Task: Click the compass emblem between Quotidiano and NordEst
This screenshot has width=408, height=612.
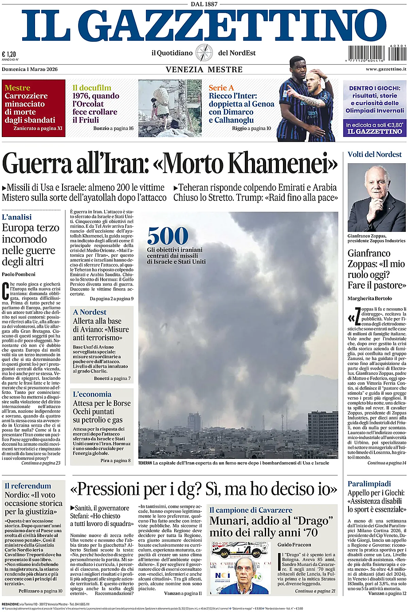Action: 204,53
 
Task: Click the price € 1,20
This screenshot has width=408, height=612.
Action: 9,54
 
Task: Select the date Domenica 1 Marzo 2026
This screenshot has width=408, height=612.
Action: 30,69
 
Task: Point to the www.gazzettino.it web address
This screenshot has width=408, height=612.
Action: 386,69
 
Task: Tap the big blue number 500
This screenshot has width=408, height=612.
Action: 168,236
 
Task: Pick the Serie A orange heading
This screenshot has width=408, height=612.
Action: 221,88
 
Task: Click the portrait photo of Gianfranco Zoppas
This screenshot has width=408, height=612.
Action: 377,197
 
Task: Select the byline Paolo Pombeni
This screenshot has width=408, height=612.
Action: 19,274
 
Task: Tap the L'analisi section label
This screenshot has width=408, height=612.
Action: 17,217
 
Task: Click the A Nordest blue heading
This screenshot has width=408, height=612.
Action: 90,312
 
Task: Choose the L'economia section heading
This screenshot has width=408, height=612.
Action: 92,394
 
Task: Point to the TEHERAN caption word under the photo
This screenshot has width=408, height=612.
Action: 145,463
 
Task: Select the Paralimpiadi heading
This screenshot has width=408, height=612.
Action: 369,483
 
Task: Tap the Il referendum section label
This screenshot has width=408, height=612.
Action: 28,486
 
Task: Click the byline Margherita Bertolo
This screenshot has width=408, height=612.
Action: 369,298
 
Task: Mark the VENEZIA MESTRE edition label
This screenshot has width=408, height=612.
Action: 204,70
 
